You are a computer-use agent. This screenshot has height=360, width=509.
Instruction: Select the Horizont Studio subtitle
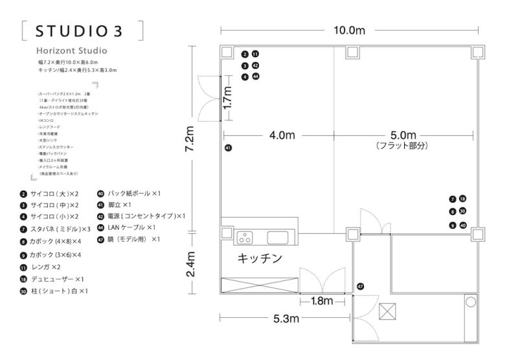[72, 50]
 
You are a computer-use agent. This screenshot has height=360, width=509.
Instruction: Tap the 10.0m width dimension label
[350, 30]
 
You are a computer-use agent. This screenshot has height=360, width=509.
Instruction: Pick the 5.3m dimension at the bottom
[284, 318]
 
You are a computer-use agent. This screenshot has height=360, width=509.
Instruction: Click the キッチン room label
[260, 258]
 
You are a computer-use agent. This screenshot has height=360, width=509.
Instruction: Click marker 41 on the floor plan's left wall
[228, 148]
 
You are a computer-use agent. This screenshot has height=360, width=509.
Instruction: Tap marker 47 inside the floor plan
[360, 286]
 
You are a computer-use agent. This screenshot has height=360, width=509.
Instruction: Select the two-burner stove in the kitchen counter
[247, 235]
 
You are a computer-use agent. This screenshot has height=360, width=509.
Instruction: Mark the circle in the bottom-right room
[470, 301]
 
